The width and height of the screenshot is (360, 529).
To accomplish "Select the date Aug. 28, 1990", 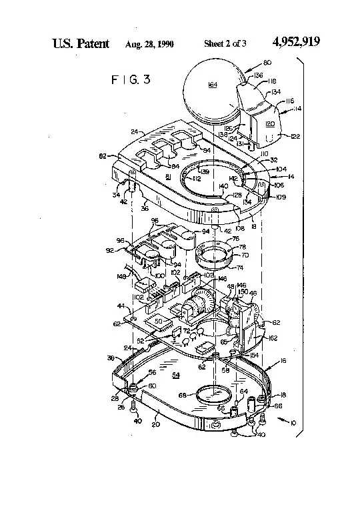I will click(x=149, y=44).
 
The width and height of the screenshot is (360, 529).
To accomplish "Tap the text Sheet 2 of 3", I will click(x=225, y=44).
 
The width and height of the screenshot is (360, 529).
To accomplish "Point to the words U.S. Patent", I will click(x=81, y=43).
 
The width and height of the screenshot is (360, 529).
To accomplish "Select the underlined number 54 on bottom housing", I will click(x=176, y=376).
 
